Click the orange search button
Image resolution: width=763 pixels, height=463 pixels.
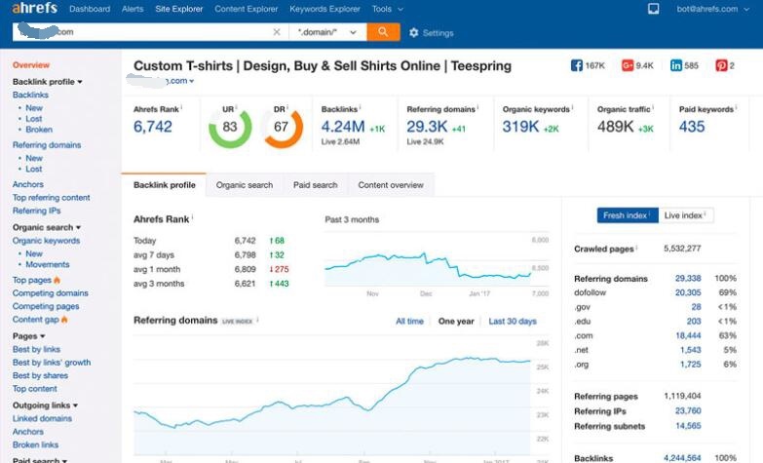point(383,32)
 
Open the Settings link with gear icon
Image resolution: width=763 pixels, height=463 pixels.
point(432,33)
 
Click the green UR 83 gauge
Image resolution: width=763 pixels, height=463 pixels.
point(230,127)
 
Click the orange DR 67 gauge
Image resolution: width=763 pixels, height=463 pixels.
point(282,127)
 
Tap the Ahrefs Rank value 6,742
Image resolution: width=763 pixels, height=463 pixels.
point(153,127)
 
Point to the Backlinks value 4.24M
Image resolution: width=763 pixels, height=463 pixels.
point(343,127)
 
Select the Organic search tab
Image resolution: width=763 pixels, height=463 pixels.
point(245,185)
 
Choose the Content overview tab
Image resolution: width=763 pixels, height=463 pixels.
point(391,185)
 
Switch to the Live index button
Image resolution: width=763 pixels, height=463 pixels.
point(686,215)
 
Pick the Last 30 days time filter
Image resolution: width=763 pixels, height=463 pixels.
point(513,321)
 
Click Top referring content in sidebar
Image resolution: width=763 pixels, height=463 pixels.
point(51,198)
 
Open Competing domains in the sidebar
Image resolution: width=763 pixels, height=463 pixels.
point(50,293)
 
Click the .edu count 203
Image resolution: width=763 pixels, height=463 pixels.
point(693,321)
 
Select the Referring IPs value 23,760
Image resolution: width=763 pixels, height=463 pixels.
point(687,411)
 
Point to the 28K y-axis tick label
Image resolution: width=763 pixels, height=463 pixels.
point(542,343)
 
